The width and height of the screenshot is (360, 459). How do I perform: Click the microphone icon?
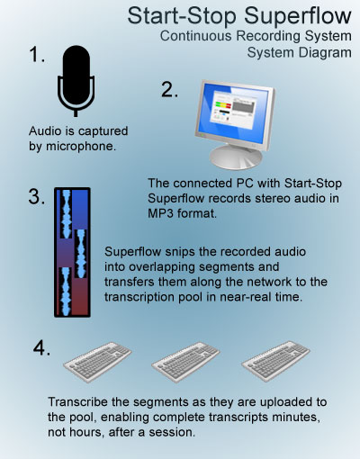click(76, 81)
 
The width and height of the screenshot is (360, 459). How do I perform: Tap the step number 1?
click(37, 55)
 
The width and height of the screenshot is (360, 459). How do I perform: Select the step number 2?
click(169, 89)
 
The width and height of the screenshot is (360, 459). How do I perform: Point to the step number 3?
click(37, 196)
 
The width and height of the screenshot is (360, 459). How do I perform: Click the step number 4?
click(41, 348)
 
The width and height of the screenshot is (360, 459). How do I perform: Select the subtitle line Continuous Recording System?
click(256, 36)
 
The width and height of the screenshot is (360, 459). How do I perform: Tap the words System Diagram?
click(299, 53)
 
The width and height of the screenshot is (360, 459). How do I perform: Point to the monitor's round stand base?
click(236, 157)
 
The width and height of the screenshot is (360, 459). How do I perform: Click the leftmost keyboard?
click(97, 362)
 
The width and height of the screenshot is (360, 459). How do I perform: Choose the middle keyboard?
click(185, 362)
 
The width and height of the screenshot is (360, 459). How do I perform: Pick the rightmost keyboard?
click(275, 361)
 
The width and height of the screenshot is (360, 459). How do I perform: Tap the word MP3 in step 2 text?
click(160, 213)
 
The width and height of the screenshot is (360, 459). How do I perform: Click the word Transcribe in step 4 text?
click(77, 401)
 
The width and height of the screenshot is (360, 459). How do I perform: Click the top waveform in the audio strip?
click(66, 213)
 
